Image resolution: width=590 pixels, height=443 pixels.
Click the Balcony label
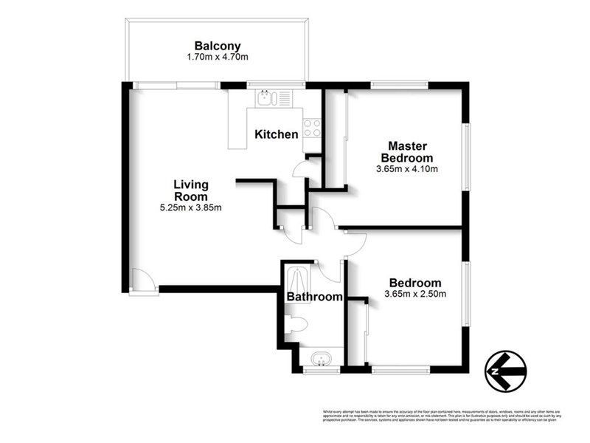[218, 44]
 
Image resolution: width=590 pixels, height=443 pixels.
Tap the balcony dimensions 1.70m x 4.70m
[218, 56]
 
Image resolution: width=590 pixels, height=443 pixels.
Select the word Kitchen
[277, 134]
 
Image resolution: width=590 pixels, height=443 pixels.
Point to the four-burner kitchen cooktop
[312, 128]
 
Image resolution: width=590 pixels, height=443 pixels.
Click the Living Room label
[191, 190]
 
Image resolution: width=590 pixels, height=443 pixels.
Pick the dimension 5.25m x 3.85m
[191, 207]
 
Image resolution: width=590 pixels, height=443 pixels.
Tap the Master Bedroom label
[407, 151]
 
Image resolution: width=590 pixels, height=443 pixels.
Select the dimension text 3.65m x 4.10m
[407, 169]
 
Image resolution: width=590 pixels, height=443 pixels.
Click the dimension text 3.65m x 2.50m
[415, 295]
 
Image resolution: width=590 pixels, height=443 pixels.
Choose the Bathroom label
[315, 297]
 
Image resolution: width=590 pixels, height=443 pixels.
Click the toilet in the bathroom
[296, 323]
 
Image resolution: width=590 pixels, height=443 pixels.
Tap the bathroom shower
[299, 279]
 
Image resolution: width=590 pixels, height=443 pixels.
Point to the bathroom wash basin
[322, 360]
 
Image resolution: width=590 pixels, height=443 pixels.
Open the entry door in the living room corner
[142, 281]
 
